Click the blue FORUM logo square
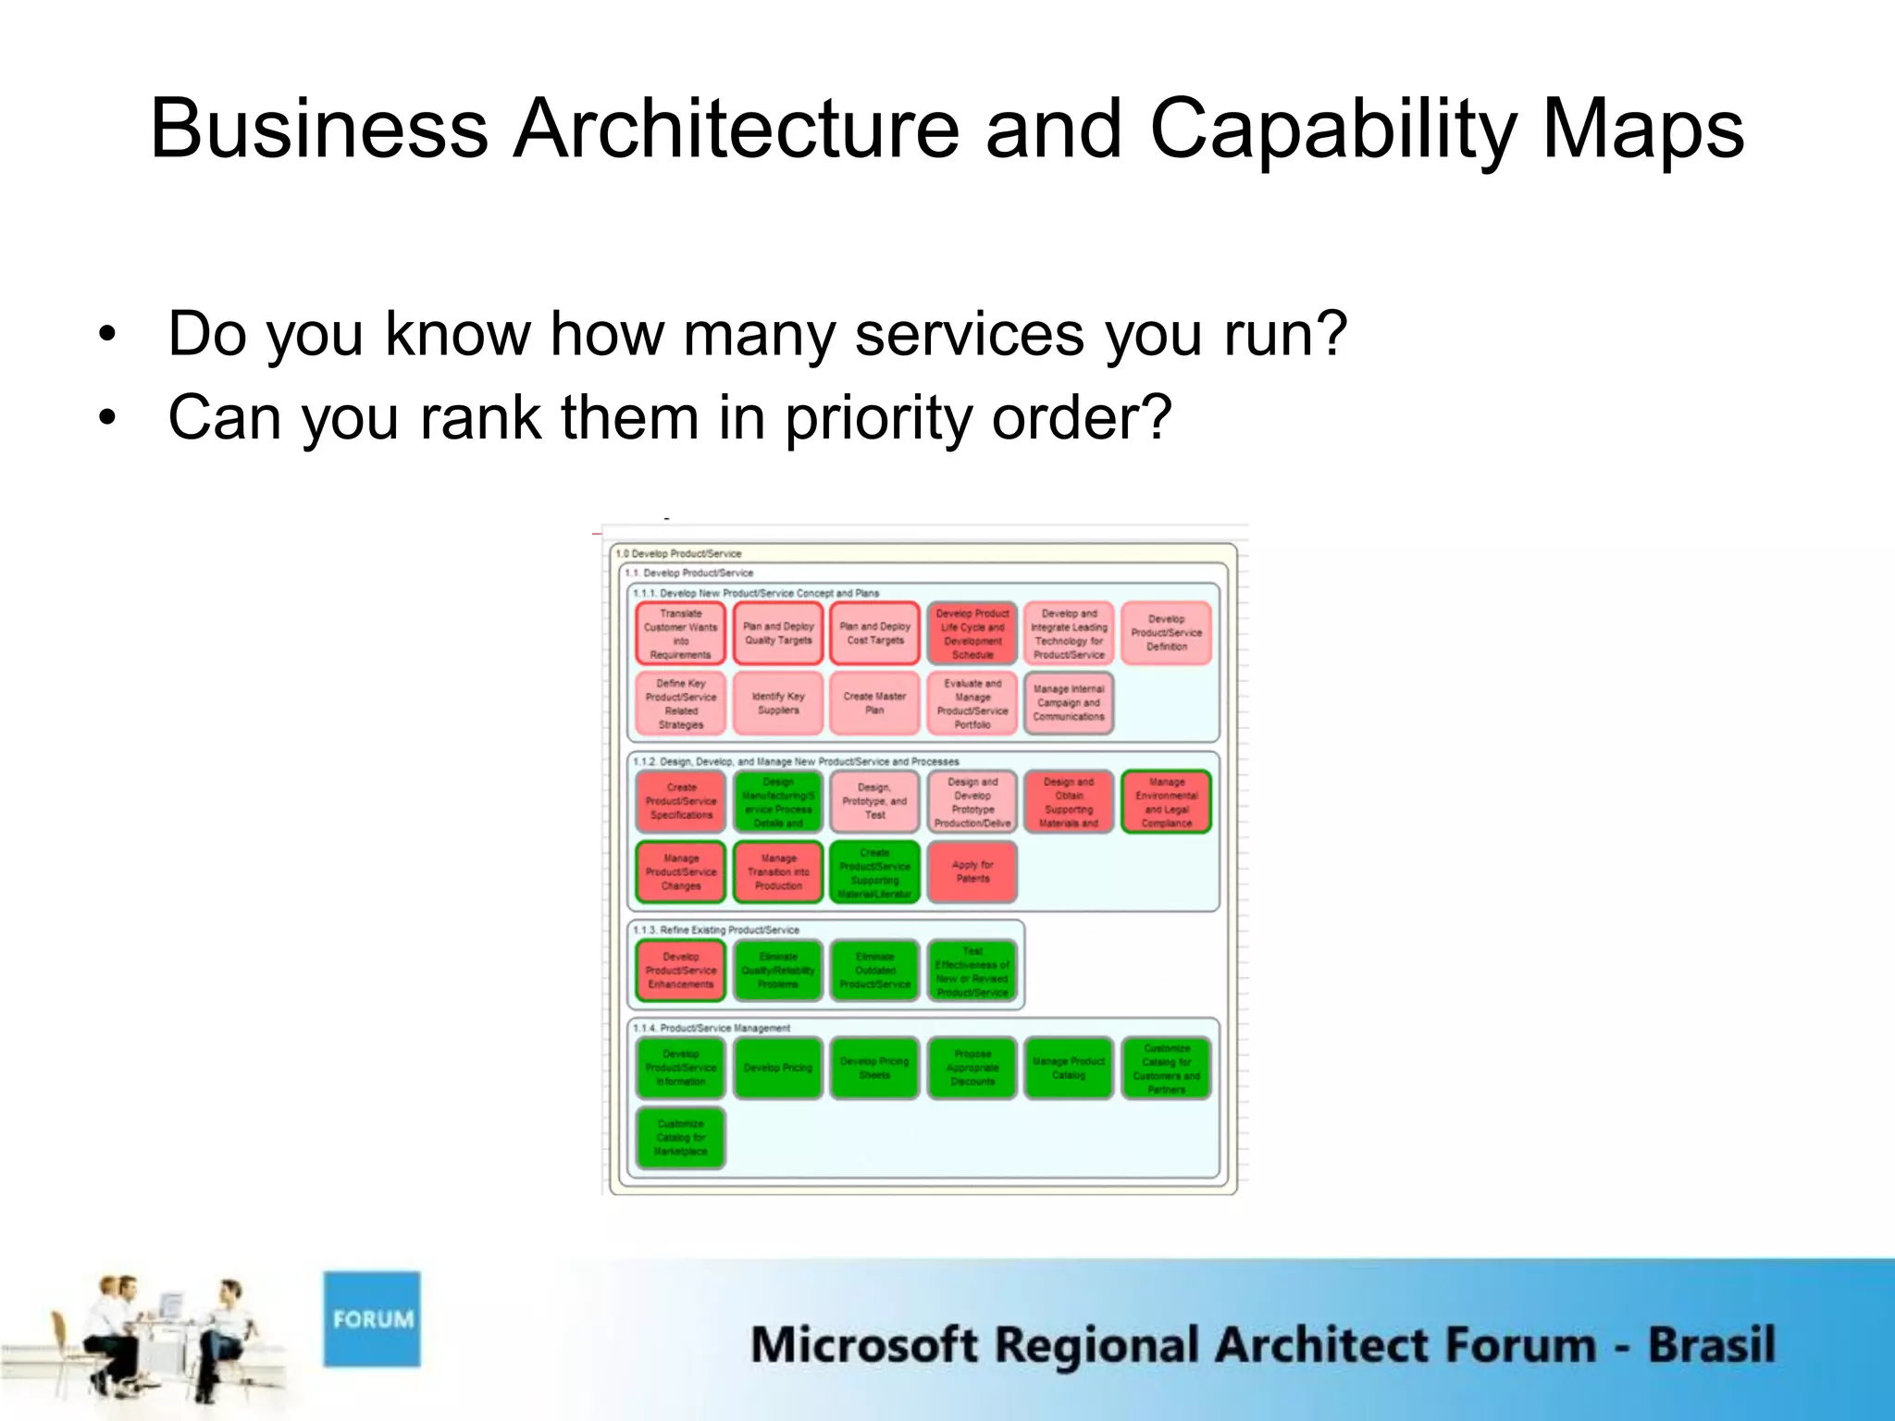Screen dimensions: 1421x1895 point(371,1318)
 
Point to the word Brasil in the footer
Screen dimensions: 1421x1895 point(1711,1345)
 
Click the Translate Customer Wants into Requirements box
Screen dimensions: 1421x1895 point(681,634)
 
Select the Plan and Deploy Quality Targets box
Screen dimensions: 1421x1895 point(778,634)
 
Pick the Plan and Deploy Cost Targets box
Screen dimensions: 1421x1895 point(875,634)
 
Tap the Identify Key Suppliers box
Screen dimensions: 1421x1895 point(778,703)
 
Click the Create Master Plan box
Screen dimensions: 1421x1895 point(875,703)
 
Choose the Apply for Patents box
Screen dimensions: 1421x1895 point(972,871)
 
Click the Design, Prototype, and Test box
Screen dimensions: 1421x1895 point(875,801)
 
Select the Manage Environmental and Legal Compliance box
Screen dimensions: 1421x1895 point(1166,801)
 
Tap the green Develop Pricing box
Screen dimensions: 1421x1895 point(778,1068)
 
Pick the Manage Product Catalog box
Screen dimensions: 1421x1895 point(1069,1068)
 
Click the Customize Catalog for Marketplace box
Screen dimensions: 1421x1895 point(681,1138)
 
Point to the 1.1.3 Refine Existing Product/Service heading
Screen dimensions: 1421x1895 point(716,930)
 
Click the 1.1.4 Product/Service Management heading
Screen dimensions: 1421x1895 point(712,1028)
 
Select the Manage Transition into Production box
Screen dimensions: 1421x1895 point(778,871)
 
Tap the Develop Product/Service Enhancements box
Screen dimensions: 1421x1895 point(681,970)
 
